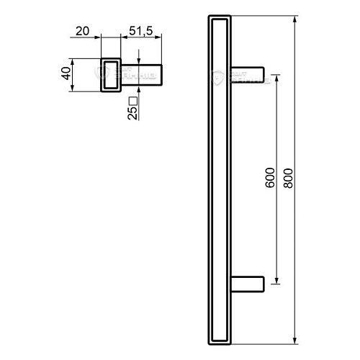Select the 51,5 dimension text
click(141, 31)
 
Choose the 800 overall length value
click(289, 179)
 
